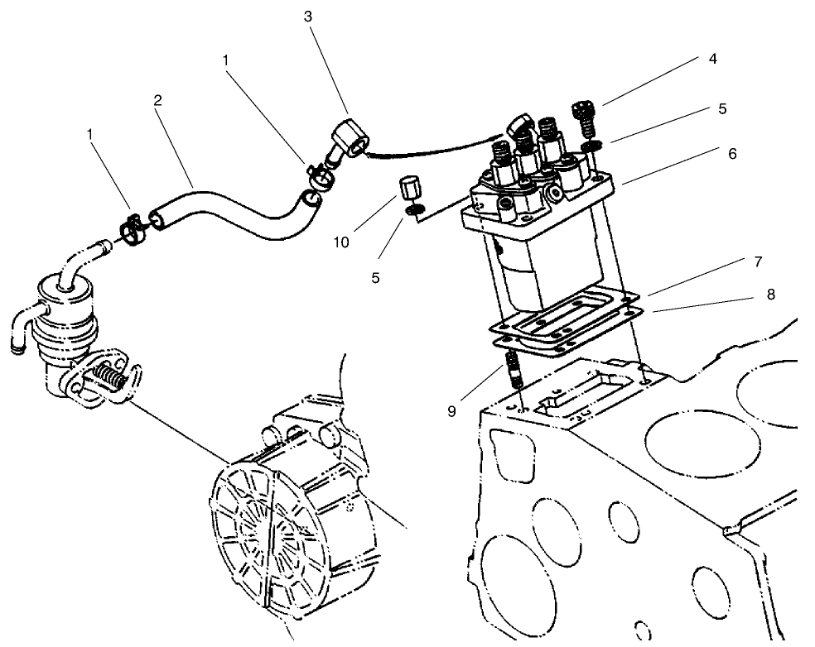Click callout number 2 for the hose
[x=157, y=100]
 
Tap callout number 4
[x=712, y=59]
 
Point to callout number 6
[x=732, y=153]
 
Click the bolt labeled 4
[x=586, y=119]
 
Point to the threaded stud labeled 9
[x=513, y=369]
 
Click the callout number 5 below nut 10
[x=375, y=279]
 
